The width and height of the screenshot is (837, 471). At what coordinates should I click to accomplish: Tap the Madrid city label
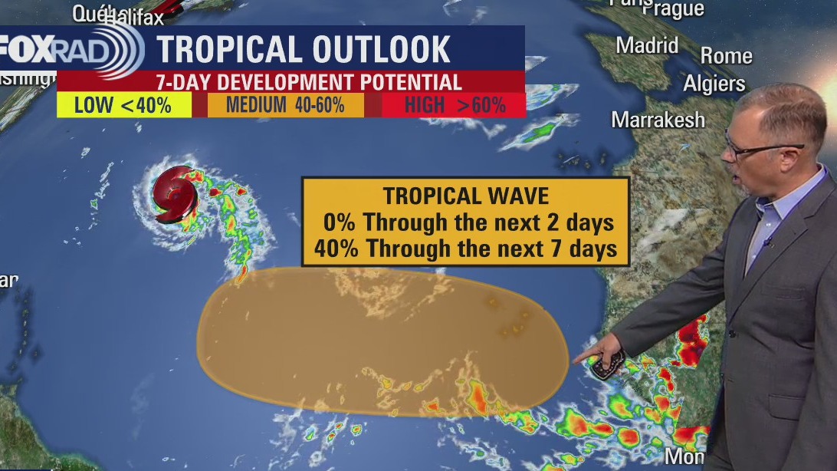tap(648, 45)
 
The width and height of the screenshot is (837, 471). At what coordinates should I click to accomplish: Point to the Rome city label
tap(726, 56)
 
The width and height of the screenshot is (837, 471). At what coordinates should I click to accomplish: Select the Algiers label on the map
tap(714, 84)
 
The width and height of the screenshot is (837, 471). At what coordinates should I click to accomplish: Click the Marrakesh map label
tap(658, 120)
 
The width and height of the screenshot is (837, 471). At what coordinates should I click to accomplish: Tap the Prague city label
tap(673, 9)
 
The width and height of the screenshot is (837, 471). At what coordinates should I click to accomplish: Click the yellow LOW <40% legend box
tap(123, 105)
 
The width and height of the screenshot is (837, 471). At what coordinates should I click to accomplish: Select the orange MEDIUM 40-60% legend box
tap(285, 106)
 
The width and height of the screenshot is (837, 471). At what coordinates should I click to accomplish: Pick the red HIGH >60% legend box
tap(455, 106)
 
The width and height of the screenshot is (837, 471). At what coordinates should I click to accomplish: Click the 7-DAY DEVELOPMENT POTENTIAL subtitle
tap(308, 81)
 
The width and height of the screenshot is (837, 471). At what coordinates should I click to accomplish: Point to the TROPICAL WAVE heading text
tap(465, 196)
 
